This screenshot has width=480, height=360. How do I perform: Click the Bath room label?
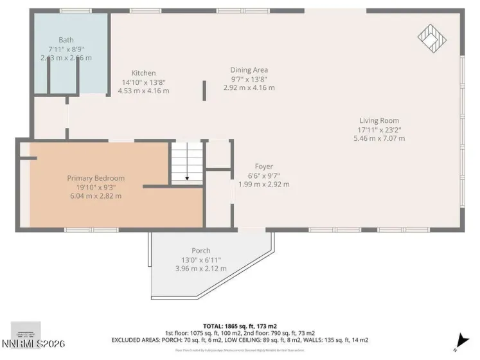66,40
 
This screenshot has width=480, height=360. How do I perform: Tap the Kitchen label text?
143,73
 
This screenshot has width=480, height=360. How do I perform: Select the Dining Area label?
249,70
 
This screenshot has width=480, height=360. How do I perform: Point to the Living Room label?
378,120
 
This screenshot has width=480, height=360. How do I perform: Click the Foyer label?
263,166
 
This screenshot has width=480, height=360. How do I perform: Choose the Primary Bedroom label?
96,178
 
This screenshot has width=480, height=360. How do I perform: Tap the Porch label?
200,251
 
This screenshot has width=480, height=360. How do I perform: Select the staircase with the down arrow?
186,164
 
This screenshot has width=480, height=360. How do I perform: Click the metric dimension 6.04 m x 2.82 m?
96,196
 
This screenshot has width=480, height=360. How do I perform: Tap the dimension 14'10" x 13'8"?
143,82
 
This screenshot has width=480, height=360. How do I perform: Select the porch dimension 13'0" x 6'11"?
200,260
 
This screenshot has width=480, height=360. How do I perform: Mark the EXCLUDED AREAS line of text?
240,339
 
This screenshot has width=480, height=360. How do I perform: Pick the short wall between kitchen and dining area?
205,90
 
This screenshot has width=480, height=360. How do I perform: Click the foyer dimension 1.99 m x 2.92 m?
263,184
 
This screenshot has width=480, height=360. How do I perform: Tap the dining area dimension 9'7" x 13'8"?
249,79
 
